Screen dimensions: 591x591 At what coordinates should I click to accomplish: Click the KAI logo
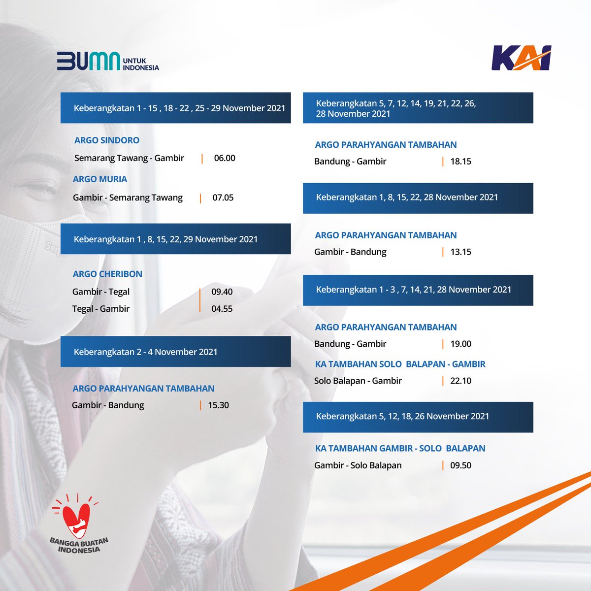(x=521, y=58)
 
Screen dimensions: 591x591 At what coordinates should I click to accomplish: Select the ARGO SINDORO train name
(x=107, y=140)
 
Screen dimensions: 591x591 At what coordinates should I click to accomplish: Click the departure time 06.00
(x=225, y=158)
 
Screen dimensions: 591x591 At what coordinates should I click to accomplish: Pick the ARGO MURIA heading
(x=100, y=179)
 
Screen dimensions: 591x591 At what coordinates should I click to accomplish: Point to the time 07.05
(x=223, y=197)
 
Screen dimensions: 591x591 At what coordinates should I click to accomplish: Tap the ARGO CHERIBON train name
(x=107, y=274)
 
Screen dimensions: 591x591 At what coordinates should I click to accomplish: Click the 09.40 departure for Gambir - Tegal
(x=222, y=292)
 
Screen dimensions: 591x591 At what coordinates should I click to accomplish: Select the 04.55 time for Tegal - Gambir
(x=222, y=309)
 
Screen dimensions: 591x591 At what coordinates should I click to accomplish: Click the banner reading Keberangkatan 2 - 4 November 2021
(x=175, y=352)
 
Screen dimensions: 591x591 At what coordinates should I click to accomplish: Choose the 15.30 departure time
(x=218, y=405)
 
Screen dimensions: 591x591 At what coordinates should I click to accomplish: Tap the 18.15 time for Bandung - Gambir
(x=460, y=161)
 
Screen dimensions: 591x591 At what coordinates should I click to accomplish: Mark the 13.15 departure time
(x=460, y=252)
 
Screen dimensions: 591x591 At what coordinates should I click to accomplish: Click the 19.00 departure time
(x=460, y=344)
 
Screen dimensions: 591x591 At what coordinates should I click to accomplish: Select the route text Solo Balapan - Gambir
(x=358, y=381)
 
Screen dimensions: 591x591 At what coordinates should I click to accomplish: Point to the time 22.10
(x=460, y=381)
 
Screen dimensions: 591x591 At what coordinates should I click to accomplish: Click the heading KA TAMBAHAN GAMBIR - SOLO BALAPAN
(x=400, y=448)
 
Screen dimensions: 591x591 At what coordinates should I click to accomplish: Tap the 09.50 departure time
(x=460, y=465)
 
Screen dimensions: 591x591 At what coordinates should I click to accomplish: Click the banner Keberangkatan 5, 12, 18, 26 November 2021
(x=418, y=417)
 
